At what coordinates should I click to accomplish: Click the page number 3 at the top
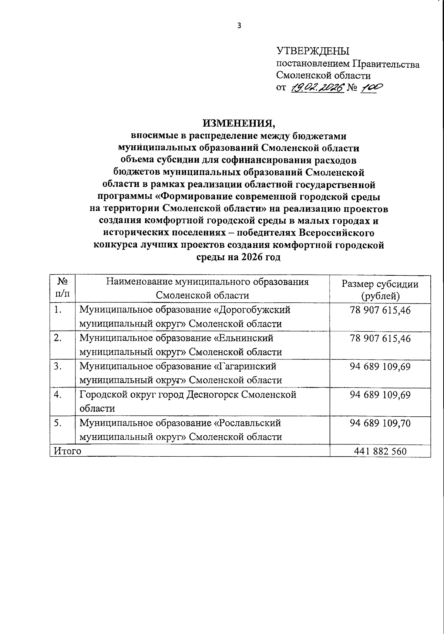pos(239,26)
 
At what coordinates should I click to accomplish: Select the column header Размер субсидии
pos(380,284)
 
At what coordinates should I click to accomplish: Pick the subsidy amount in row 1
pos(380,310)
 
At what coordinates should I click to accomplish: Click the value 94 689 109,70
pos(380,423)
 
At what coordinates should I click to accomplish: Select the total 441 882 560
pos(380,451)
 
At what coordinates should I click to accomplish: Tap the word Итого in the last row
pos(67,451)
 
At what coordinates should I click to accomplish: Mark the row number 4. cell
pos(58,395)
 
